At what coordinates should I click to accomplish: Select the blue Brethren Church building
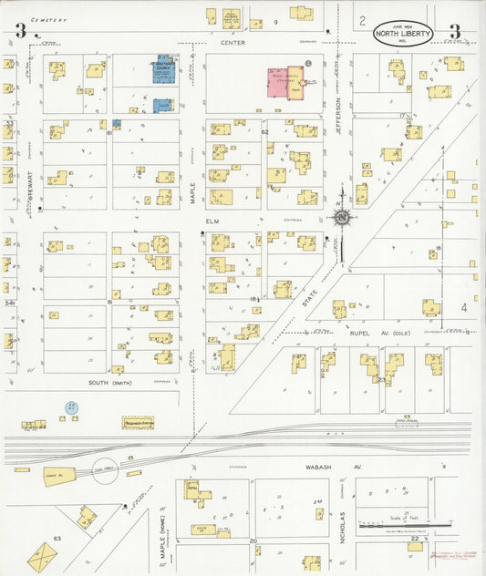[163, 71]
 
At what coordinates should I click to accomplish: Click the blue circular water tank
[69, 407]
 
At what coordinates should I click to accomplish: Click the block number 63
[57, 539]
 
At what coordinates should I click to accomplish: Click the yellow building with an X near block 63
[42, 556]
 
